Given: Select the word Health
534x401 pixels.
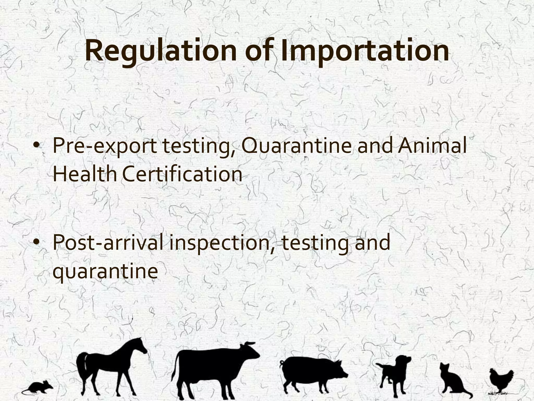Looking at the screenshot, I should pyautogui.click(x=85, y=174).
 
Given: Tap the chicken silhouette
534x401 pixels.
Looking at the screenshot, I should pyautogui.click(x=501, y=380).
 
